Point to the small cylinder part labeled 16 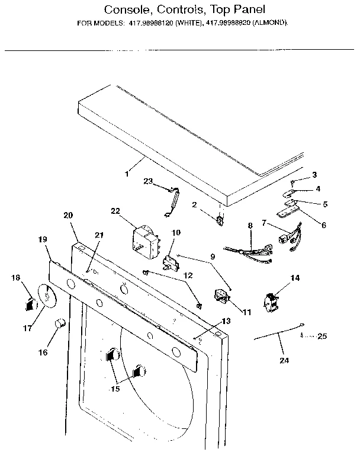click(59, 323)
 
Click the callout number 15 click(115, 389)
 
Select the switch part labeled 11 click(221, 296)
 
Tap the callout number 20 click(68, 216)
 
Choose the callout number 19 click(43, 239)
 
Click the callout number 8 click(250, 225)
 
